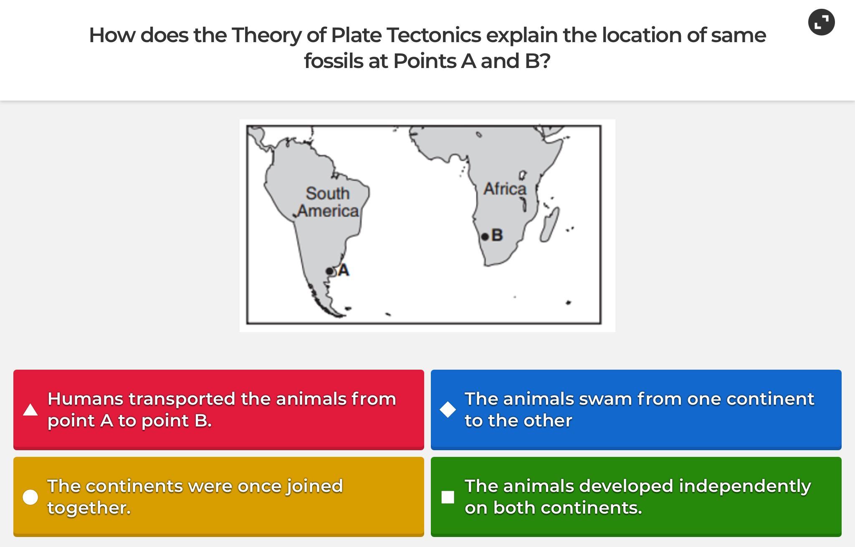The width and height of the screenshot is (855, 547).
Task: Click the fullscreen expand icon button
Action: [821, 22]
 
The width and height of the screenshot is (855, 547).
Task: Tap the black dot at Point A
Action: [329, 271]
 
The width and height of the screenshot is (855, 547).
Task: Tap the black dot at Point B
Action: [485, 237]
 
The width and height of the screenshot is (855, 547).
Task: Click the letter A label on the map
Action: [344, 270]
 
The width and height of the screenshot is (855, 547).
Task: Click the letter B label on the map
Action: [497, 235]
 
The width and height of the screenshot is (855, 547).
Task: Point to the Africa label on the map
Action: [505, 189]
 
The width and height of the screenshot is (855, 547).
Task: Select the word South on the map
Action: [327, 193]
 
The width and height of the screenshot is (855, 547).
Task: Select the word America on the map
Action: [329, 211]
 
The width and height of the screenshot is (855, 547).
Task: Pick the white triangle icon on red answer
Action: [30, 410]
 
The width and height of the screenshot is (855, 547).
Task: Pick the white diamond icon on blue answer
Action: [448, 410]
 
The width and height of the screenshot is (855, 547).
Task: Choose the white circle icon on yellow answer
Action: [30, 497]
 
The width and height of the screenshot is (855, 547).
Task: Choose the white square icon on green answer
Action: [448, 497]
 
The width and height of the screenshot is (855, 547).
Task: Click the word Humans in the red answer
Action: [86, 399]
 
